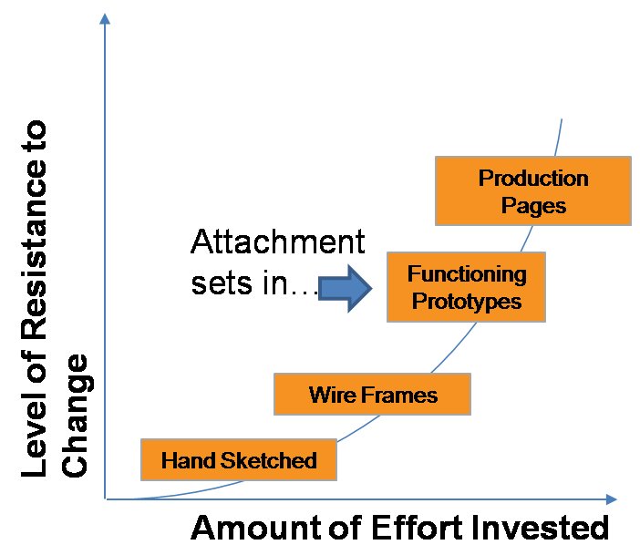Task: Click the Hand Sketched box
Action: tap(238, 459)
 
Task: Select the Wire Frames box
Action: tap(372, 395)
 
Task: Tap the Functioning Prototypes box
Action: tap(466, 287)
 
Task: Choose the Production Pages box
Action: tap(532, 190)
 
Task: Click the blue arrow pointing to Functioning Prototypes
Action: tap(346, 289)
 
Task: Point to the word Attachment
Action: tap(277, 242)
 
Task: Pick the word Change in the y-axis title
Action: tap(75, 415)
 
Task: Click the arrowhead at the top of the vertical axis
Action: tap(107, 19)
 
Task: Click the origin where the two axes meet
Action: tap(107, 499)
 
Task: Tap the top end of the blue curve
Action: tap(563, 119)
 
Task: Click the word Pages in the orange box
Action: tap(533, 205)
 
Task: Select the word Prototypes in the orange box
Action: tap(466, 301)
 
